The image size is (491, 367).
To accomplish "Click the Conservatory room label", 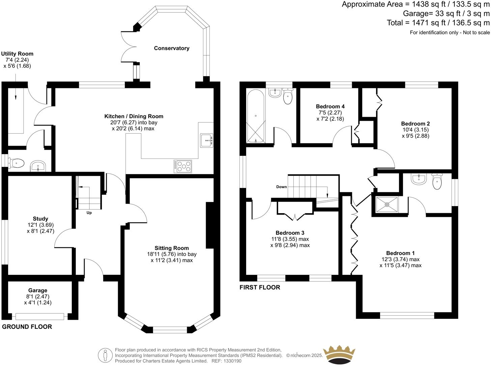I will coord(172,48).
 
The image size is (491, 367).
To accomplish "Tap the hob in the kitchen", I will coord(183,166).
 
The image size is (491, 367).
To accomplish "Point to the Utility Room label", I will coord(17,54).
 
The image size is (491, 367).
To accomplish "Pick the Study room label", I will coord(40,219).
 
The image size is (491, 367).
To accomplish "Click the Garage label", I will coord(38,290).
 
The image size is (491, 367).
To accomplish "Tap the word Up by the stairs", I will coord(89,213).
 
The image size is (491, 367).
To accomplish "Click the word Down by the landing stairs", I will coord(281,187).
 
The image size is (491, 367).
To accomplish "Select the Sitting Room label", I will coord(172,248).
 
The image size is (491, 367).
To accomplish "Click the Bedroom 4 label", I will coord(330,106).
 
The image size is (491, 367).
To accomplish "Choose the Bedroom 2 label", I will coord(415,123).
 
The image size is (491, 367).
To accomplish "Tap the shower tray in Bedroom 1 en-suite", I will coord(386,204).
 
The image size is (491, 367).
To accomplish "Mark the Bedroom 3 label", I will coord(290,233).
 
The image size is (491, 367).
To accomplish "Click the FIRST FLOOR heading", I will coord(260,287).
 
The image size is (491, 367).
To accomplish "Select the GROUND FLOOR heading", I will coord(27,327).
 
